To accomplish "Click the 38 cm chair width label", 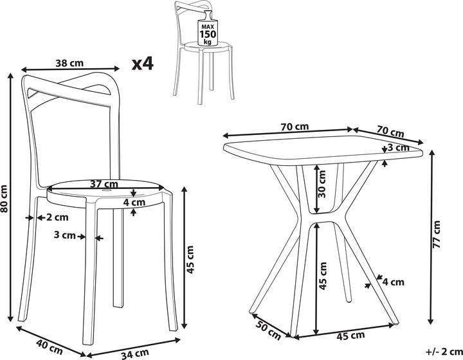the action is [69, 63].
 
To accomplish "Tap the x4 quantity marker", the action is [143, 64].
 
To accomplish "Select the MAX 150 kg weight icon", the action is [208, 29].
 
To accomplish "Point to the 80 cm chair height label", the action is [4, 199].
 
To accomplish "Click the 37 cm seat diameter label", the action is [104, 184].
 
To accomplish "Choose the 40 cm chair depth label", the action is [50, 346].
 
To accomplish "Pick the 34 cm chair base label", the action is [134, 354].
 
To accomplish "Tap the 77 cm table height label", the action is [437, 234].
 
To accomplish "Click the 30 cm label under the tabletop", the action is [322, 184].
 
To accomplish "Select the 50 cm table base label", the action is [268, 330].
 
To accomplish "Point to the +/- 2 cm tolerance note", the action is [444, 352].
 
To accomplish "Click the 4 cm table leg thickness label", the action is [394, 282].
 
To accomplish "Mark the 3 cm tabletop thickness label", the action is [398, 147].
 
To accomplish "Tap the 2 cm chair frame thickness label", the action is [57, 217].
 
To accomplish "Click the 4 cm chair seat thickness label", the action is [134, 202].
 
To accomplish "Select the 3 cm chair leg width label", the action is [65, 235].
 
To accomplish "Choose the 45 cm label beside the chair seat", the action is [190, 260].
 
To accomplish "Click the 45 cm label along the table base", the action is [351, 336].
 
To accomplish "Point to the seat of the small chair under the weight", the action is [207, 46].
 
